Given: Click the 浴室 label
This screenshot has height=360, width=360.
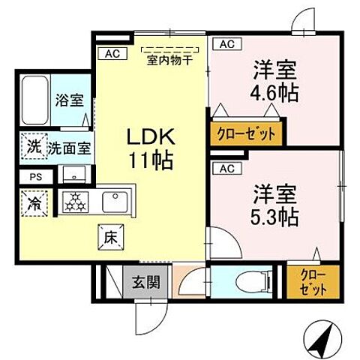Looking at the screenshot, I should pos(67,100).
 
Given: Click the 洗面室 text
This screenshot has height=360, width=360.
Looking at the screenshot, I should pos(70,147).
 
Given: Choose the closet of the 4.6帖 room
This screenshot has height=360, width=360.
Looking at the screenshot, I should pos(246,134).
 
